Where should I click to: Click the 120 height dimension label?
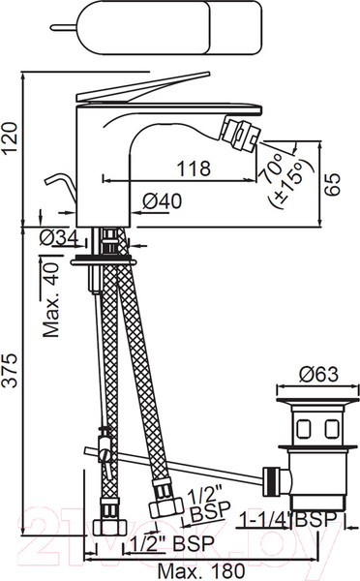[x=10, y=138]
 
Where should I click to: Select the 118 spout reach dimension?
[x=194, y=168]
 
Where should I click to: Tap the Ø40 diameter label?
[x=162, y=201]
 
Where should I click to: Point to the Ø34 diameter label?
[x=58, y=237]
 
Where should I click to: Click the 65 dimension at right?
[x=332, y=184]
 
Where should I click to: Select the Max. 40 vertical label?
[x=50, y=300]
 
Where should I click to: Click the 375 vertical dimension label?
[x=10, y=371]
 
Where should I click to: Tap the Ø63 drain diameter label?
[x=318, y=374]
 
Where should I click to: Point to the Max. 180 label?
[x=201, y=571]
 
